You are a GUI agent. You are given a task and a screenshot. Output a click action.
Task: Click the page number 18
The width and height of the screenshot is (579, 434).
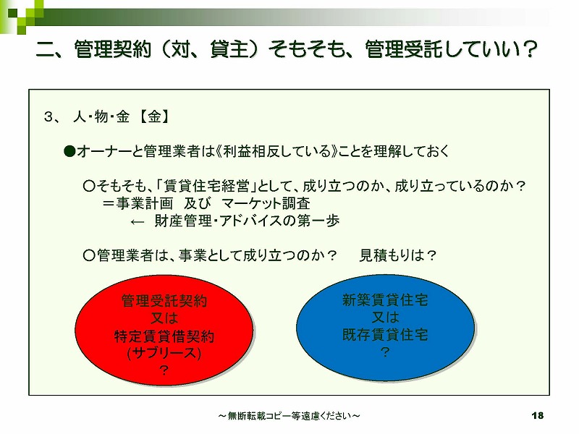(x=537, y=415)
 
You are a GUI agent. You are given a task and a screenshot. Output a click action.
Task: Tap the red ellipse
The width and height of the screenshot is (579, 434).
(x=164, y=331)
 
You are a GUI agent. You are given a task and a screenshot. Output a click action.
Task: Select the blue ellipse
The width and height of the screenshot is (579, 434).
(x=385, y=328)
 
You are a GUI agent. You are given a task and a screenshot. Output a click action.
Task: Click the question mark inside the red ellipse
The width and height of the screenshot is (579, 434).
(x=164, y=370)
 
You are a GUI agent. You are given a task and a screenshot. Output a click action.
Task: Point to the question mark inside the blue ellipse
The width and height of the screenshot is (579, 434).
(x=385, y=352)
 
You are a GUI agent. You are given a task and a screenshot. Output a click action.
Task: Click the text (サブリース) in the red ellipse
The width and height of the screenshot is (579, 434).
(x=164, y=353)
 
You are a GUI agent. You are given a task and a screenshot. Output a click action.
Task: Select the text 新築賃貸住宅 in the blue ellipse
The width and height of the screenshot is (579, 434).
(x=385, y=299)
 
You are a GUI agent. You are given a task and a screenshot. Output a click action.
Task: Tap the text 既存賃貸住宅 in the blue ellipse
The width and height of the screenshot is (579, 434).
(x=385, y=335)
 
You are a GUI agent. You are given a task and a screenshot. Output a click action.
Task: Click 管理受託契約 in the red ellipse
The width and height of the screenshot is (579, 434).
(x=164, y=301)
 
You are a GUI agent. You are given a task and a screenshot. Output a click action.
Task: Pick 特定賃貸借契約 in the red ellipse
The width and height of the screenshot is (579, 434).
(x=164, y=336)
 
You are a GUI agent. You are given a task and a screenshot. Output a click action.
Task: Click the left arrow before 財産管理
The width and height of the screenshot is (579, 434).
(x=137, y=222)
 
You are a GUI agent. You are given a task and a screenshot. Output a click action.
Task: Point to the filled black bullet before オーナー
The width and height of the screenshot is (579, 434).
(x=69, y=151)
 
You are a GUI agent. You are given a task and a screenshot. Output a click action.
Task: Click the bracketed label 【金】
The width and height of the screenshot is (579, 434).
(x=154, y=116)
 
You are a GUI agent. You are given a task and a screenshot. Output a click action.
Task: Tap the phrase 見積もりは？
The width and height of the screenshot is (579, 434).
(x=397, y=255)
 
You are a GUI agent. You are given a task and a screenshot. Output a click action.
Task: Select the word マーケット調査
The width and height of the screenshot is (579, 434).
(x=266, y=203)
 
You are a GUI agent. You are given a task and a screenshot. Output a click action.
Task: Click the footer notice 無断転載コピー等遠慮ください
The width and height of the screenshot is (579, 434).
(x=289, y=416)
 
